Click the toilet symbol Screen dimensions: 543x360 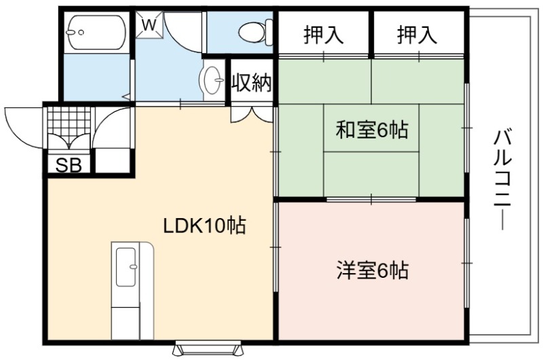(x=256, y=32)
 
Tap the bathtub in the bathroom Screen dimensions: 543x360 (x=96, y=33)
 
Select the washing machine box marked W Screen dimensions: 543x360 (x=149, y=25)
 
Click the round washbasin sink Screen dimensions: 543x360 (x=211, y=80)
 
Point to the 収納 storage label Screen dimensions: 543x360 (x=252, y=82)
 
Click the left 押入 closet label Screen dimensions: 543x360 (x=324, y=35)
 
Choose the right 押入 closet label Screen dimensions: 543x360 (x=417, y=35)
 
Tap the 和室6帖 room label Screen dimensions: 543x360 (x=372, y=129)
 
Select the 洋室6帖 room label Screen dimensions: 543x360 (x=373, y=270)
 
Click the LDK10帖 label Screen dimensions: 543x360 (x=204, y=226)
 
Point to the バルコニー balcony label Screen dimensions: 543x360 (x=502, y=179)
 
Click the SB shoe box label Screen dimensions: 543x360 (x=69, y=165)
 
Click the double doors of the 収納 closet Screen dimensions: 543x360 (x=252, y=114)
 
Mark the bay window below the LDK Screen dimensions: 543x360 (x=208, y=348)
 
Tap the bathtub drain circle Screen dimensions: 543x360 (x=81, y=32)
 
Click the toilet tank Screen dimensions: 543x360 (x=269, y=33)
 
